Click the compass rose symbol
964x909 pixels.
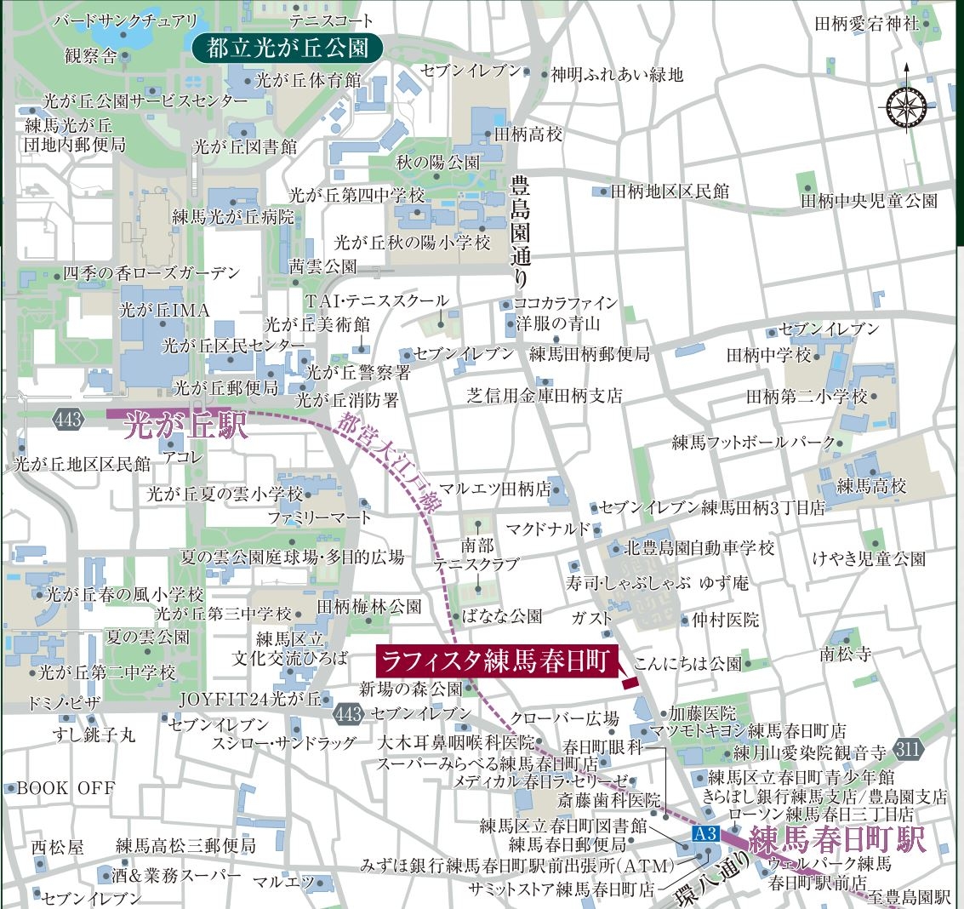(x=906, y=106)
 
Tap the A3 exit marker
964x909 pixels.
(x=706, y=833)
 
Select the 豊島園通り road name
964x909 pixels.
(x=519, y=230)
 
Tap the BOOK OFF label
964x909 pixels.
(x=66, y=788)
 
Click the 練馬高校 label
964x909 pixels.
(x=871, y=487)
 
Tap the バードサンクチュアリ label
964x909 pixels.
(x=124, y=20)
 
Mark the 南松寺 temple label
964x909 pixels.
(x=845, y=654)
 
